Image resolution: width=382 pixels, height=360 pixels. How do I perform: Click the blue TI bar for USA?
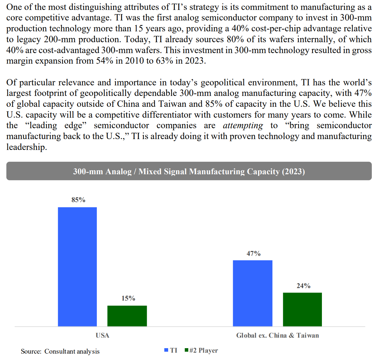click(x=77, y=267)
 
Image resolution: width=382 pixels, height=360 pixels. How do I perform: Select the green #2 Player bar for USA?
click(x=127, y=316)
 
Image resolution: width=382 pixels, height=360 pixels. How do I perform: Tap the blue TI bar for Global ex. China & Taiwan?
click(x=253, y=293)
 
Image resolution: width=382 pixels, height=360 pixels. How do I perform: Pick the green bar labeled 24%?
click(x=302, y=309)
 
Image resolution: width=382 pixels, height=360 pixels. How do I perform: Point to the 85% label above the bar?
click(x=78, y=200)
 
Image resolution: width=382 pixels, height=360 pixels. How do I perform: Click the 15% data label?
click(x=128, y=298)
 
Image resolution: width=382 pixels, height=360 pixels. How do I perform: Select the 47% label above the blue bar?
click(x=253, y=254)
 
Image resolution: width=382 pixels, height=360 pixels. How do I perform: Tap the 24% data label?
click(x=303, y=286)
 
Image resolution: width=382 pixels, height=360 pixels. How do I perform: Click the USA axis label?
click(x=102, y=335)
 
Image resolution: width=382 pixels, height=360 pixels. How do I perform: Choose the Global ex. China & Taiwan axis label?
click(x=277, y=335)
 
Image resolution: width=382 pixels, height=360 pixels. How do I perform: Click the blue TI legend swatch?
click(x=166, y=350)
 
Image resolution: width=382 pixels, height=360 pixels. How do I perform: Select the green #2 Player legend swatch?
click(x=186, y=350)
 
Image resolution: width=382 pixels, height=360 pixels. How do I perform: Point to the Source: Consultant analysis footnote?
click(x=60, y=351)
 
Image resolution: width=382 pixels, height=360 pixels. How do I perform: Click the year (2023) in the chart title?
click(x=293, y=172)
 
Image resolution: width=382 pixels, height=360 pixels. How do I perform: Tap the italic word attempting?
click(x=243, y=126)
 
